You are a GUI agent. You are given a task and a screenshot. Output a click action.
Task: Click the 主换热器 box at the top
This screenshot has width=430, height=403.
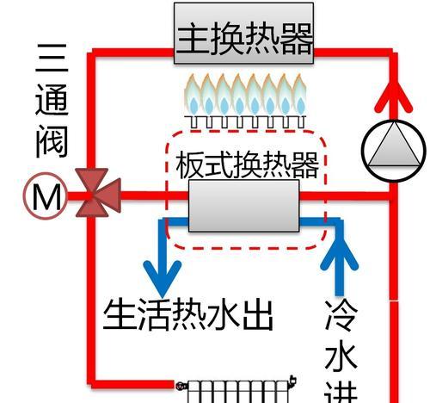click(x=243, y=33)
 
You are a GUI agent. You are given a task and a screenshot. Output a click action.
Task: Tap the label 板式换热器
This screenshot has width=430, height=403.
click(x=247, y=165)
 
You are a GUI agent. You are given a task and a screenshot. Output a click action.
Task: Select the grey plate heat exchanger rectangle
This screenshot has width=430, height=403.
click(x=243, y=206)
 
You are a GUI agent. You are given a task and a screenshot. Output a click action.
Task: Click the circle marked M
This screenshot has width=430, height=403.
click(x=46, y=196)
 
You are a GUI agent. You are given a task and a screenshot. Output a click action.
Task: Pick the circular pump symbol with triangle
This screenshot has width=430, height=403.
click(x=394, y=151)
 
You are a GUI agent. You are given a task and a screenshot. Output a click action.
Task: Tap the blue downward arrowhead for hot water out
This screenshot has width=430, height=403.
click(x=163, y=278)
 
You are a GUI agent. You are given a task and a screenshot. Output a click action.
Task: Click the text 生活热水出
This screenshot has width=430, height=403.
click(x=188, y=315)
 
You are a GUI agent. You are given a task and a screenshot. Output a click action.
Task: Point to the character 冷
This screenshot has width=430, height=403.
click(x=341, y=316)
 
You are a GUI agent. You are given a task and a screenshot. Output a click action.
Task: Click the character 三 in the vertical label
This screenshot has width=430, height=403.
click(x=52, y=58)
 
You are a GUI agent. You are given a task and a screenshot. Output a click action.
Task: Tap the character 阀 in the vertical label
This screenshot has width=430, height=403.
click(x=52, y=141)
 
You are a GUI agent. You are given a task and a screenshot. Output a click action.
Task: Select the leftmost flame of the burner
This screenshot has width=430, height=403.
click(x=193, y=95)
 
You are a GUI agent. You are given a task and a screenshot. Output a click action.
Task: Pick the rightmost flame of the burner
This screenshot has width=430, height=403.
click(x=299, y=95)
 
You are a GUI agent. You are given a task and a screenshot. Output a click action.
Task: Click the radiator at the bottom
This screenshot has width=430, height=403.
click(x=236, y=391)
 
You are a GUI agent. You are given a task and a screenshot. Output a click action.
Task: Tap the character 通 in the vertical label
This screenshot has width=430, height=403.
click(x=52, y=100)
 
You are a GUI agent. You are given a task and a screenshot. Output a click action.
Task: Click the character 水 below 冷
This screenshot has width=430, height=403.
click(x=341, y=357)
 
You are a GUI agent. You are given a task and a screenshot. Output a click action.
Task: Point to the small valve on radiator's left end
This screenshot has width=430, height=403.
click(x=181, y=387)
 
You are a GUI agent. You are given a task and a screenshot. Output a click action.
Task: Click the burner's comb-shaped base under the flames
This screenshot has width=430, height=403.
click(x=245, y=122)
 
